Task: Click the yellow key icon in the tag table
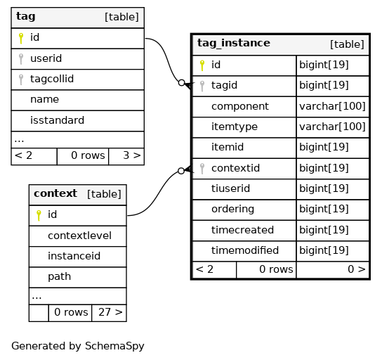point(21,38)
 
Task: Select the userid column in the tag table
point(46,58)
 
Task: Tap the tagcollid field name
point(52,79)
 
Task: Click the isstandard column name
point(57,120)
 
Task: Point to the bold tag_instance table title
point(234,43)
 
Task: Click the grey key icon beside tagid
point(202,86)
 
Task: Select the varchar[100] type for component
point(332,106)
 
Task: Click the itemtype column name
point(235,127)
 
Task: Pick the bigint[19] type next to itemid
point(324,147)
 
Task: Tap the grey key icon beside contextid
point(202,169)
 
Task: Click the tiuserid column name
point(230,188)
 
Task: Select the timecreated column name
point(242,230)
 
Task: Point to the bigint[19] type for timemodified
point(324,250)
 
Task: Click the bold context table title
point(55,193)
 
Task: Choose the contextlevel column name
point(79,236)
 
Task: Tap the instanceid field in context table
point(74,256)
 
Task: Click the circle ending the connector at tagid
point(181,83)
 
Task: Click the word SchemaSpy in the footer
point(114,346)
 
